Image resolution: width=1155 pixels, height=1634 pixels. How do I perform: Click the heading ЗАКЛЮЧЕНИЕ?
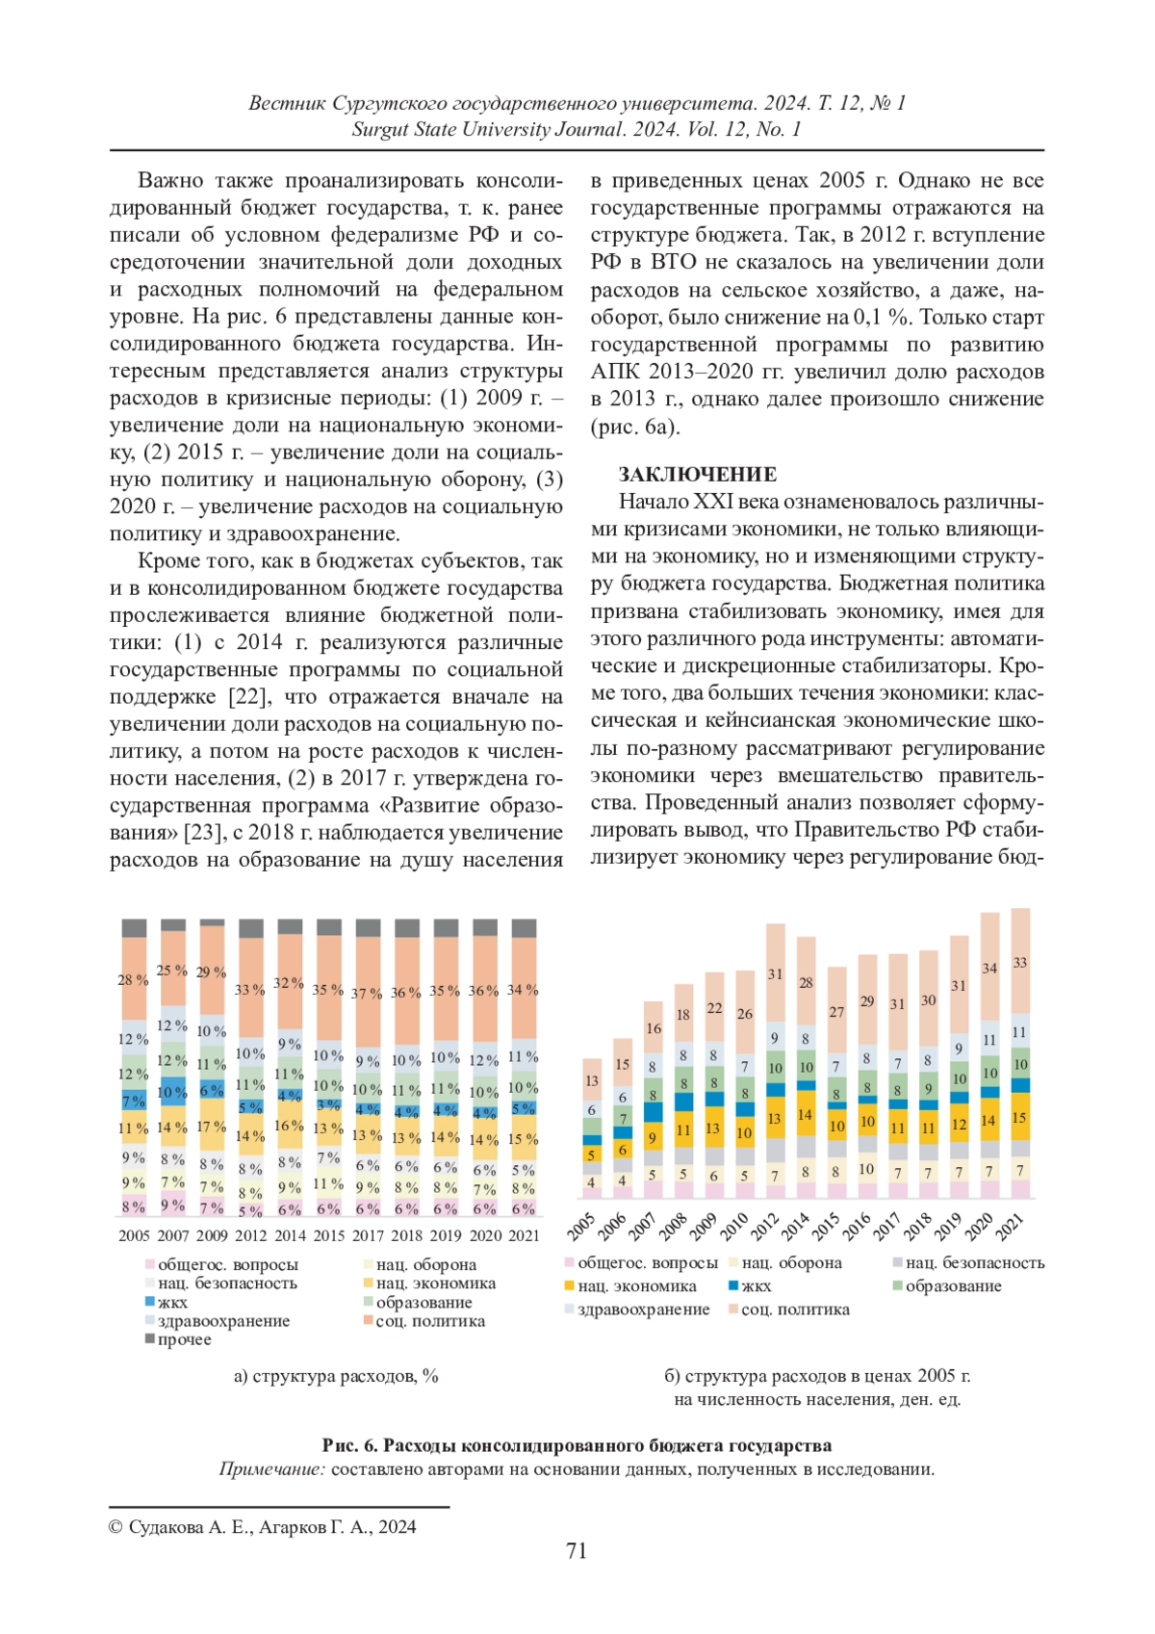point(697,475)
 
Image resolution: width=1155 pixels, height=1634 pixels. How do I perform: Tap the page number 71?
point(577,1550)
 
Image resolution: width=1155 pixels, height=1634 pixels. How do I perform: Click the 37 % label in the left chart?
point(367,993)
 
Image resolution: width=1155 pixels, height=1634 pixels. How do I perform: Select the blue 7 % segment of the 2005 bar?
point(133,1100)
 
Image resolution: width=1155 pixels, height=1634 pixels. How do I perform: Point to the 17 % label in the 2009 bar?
point(212,1127)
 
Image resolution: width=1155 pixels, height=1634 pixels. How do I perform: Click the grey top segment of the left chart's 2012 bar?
point(250,928)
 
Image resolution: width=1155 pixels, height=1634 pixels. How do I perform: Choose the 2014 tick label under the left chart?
point(290,1235)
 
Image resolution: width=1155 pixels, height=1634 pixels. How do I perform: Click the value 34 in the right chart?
point(989,968)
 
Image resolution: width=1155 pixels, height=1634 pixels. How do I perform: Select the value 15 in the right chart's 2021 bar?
point(1020,1118)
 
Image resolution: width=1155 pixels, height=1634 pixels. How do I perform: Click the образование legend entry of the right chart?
point(947,1285)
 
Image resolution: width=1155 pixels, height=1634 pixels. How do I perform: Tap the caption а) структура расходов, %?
point(336,1376)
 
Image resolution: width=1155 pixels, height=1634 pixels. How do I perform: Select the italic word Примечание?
point(271,1469)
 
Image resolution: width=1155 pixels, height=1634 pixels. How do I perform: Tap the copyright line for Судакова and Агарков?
point(263,1526)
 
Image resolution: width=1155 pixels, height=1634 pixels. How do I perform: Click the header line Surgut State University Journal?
point(577,129)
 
